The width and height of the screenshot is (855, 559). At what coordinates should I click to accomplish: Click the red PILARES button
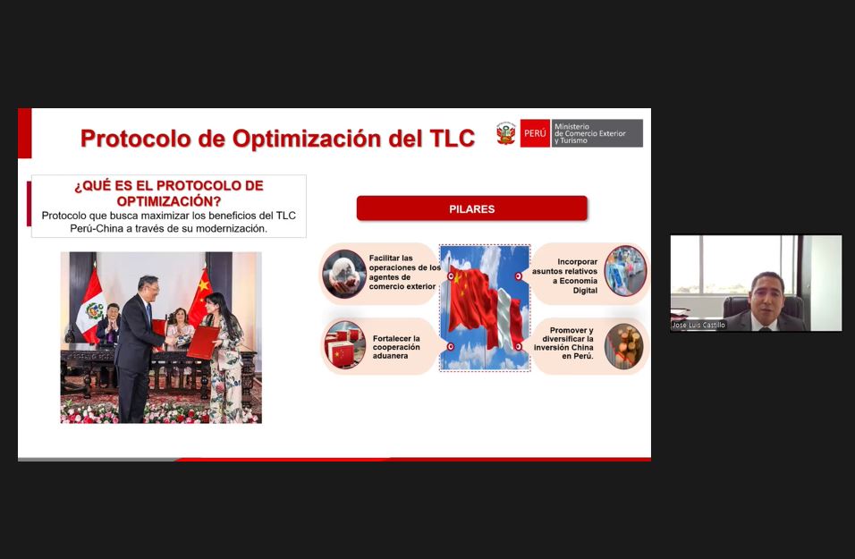[x=471, y=208]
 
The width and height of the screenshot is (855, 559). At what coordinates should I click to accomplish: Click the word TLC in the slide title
[x=452, y=139]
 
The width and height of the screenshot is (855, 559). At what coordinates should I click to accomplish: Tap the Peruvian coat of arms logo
[x=505, y=133]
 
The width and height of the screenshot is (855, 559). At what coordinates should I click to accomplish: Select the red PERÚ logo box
[x=535, y=133]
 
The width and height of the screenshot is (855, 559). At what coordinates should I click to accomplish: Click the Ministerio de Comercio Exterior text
[x=589, y=133]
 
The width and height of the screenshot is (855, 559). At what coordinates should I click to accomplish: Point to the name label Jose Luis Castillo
[x=698, y=325]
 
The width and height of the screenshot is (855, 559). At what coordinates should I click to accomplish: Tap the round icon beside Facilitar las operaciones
[x=344, y=274]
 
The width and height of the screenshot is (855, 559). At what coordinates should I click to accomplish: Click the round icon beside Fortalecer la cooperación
[x=344, y=345]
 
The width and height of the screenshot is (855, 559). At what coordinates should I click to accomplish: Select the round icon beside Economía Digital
[x=625, y=271]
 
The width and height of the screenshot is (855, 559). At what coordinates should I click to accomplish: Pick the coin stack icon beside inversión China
[x=623, y=346]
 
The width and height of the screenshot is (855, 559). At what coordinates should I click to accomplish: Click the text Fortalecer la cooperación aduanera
[x=396, y=347]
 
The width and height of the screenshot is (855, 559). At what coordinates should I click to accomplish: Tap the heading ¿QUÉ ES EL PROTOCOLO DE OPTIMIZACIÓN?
[x=168, y=193]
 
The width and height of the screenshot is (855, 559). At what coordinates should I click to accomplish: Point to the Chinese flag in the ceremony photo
[x=200, y=297]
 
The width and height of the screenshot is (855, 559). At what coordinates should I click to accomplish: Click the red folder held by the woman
[x=203, y=343]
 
